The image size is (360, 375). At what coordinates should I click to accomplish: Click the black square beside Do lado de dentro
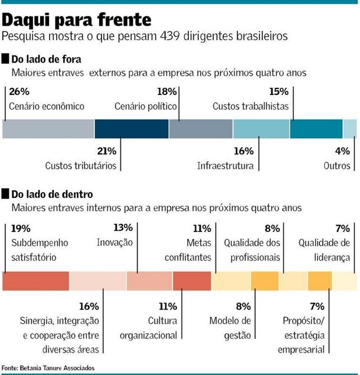tap(6, 194)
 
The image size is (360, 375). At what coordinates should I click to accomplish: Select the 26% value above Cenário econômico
tap(19, 92)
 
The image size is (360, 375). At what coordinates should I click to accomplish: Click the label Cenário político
tap(146, 106)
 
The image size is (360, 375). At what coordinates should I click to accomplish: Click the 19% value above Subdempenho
tap(21, 228)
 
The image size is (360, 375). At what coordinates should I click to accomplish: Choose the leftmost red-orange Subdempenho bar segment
tap(35, 281)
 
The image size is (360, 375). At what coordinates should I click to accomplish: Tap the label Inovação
tap(114, 242)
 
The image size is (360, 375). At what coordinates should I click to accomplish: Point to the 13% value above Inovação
tap(122, 228)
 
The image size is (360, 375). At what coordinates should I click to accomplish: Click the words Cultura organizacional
tap(149, 328)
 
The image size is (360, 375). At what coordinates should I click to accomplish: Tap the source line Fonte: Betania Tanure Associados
tap(48, 368)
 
